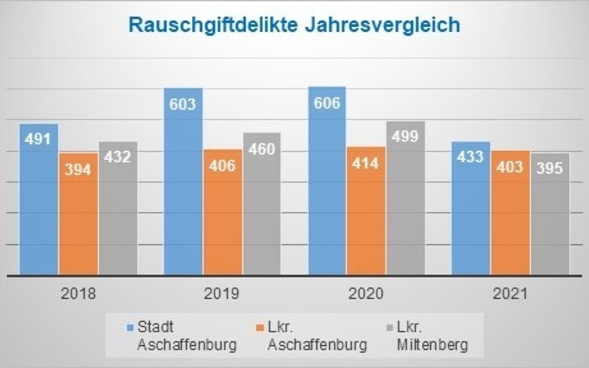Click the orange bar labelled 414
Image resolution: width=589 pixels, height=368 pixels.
(x=366, y=211)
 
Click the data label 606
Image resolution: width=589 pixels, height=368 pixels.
(x=327, y=104)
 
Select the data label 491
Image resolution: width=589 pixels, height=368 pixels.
(x=38, y=139)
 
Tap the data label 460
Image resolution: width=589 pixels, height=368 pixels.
(x=262, y=149)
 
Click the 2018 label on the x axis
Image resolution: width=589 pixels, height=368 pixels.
(x=79, y=294)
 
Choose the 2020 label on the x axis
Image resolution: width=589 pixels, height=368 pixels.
(x=366, y=294)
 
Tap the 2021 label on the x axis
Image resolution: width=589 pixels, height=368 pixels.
(x=510, y=294)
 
